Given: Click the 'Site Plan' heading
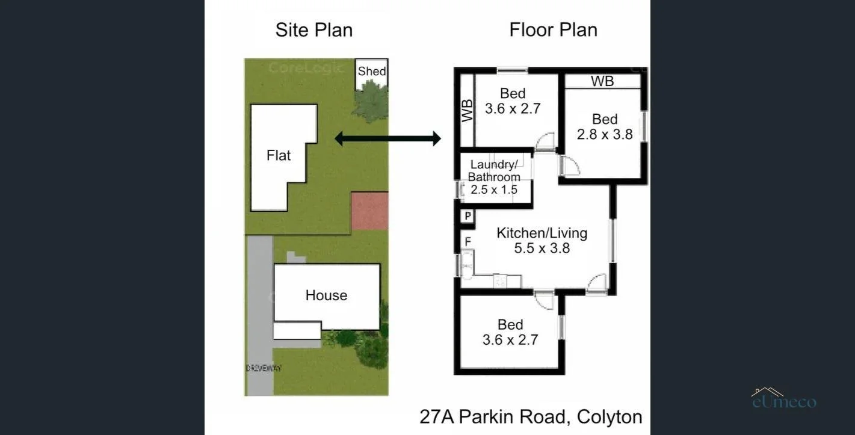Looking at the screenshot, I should (313, 30).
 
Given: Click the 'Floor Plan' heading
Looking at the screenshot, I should (553, 30).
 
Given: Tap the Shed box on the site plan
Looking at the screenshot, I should (372, 71).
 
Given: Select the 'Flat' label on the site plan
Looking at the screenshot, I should (279, 156).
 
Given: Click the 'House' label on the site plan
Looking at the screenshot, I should (326, 295).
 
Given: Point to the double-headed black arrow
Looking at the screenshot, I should (387, 139).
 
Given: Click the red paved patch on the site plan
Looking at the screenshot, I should (369, 211).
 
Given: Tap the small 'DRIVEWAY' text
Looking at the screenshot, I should (263, 368).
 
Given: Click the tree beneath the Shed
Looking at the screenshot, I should (371, 100).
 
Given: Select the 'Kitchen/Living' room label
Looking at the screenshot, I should (542, 233).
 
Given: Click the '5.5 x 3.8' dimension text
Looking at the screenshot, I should (542, 248).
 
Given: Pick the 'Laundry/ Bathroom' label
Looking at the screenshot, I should (494, 171).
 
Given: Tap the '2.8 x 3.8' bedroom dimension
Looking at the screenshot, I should (605, 134).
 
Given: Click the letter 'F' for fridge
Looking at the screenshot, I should (467, 242).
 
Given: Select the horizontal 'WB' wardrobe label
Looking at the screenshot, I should (602, 81).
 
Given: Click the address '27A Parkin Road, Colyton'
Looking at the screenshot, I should (531, 417).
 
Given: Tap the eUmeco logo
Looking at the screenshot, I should (784, 399).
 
